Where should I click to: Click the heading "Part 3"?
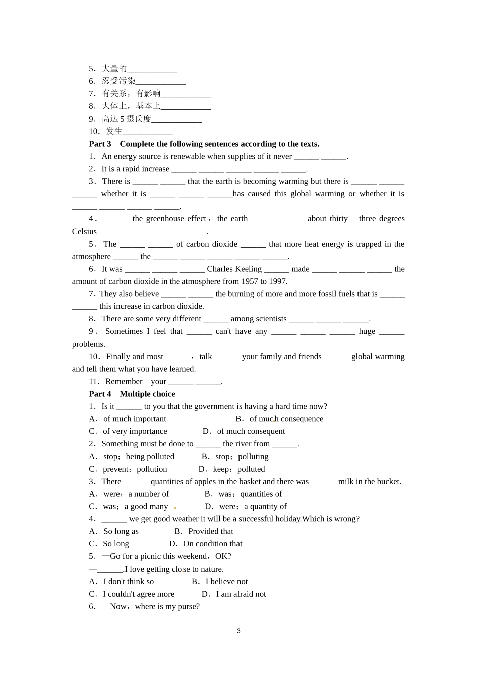pyautogui.click(x=100, y=144)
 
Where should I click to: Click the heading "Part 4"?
pyautogui.click(x=100, y=394)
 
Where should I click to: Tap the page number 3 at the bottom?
pyautogui.click(x=238, y=631)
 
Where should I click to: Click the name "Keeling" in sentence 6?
pyautogui.click(x=249, y=269)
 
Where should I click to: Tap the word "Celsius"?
pyautogui.click(x=84, y=231)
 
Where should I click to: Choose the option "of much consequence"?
pyautogui.click(x=286, y=419)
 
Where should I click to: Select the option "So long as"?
pyautogui.click(x=121, y=531)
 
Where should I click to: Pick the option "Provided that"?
pyautogui.click(x=211, y=531)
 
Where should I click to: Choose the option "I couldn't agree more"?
pyautogui.click(x=139, y=594)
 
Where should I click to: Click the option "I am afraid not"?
pyautogui.click(x=241, y=594)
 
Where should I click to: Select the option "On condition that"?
pyautogui.click(x=213, y=544)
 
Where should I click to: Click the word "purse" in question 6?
pyautogui.click(x=188, y=606)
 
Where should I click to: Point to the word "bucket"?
pyautogui.click(x=387, y=481)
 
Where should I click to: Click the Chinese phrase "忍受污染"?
pyautogui.click(x=118, y=81)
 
